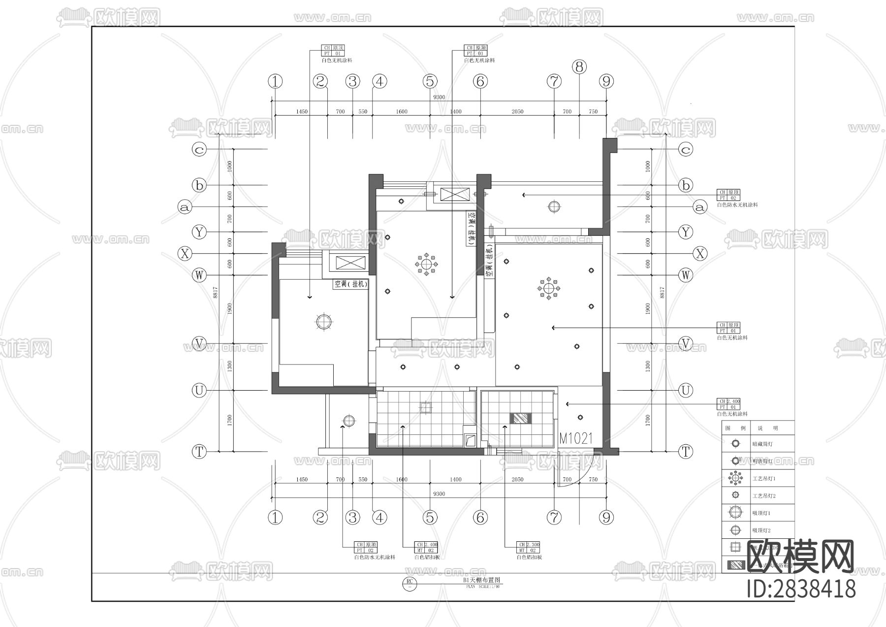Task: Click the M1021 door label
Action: (x=575, y=438)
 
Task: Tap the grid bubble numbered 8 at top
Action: (x=579, y=66)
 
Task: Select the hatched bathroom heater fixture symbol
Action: (x=520, y=418)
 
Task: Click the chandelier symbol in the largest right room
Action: (x=548, y=288)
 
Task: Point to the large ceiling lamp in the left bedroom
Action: (x=323, y=322)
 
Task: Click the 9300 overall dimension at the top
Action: (x=439, y=97)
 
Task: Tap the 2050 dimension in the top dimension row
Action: (x=517, y=111)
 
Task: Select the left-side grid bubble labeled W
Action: (x=199, y=275)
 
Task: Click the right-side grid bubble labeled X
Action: (x=699, y=254)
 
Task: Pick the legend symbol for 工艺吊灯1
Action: (x=735, y=477)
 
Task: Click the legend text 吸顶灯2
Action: (x=761, y=530)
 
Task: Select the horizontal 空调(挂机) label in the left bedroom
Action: (x=350, y=284)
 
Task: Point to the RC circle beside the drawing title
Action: (x=409, y=583)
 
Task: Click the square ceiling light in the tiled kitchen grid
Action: (x=425, y=407)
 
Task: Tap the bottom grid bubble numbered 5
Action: (x=430, y=517)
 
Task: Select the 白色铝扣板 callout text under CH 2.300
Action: (x=529, y=557)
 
